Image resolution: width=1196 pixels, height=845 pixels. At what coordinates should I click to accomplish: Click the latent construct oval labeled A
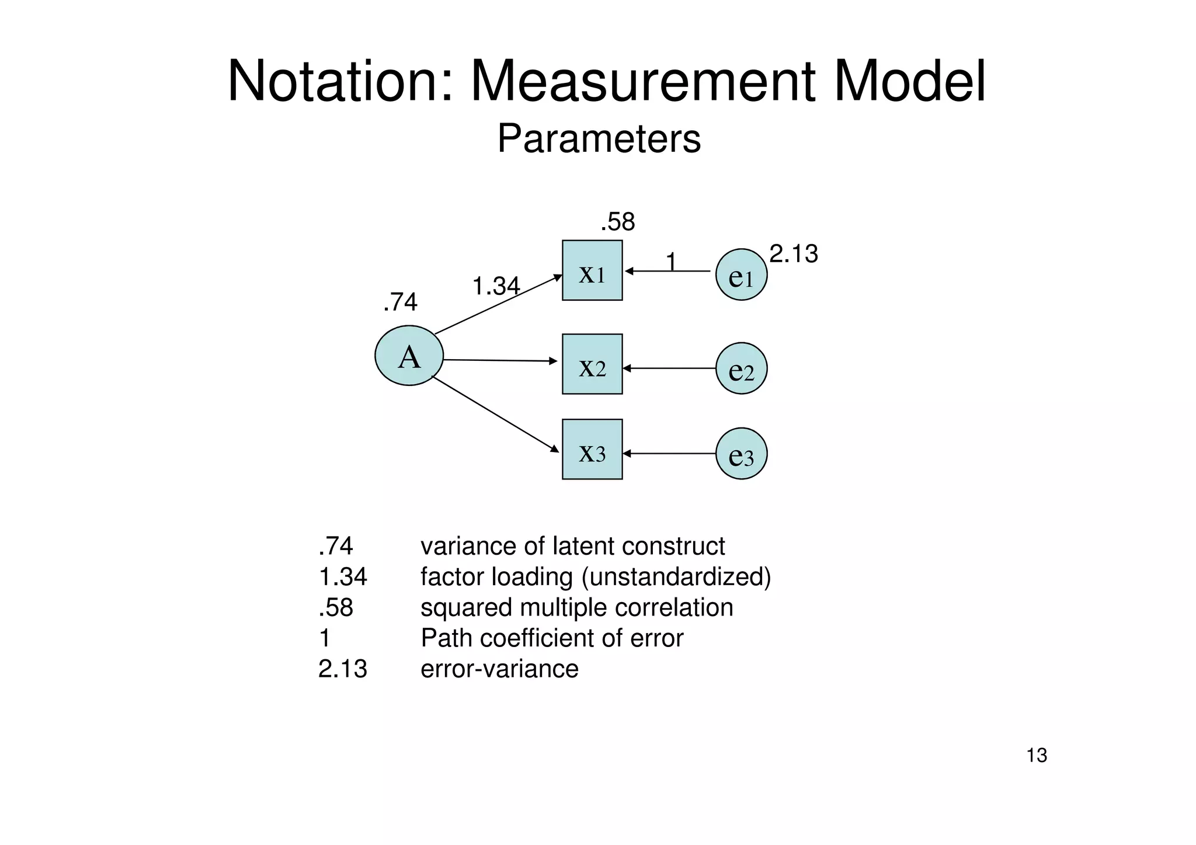[x=409, y=356]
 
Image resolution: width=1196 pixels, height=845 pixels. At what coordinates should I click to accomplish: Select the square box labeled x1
[x=592, y=270]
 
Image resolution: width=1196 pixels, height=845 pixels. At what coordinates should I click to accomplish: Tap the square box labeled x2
[x=592, y=364]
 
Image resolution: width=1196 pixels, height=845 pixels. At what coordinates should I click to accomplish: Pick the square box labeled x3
[x=592, y=449]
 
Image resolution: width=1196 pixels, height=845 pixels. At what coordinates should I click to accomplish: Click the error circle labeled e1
[x=741, y=274]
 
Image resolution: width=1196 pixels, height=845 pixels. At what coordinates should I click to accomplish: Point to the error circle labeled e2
[x=741, y=368]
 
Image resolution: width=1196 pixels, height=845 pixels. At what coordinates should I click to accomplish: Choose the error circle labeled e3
[x=741, y=454]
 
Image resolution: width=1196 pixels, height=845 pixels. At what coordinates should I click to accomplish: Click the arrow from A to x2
[x=500, y=361]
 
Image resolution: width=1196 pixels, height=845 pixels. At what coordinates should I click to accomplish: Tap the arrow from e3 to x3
[x=669, y=454]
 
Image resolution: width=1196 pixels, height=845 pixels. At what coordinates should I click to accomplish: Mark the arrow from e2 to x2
[x=669, y=368]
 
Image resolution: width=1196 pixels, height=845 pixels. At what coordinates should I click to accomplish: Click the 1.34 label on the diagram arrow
[x=496, y=287]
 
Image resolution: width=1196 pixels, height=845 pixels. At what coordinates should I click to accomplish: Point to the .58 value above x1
[x=618, y=222]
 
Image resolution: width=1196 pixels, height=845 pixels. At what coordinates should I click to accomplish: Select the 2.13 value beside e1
[x=793, y=254]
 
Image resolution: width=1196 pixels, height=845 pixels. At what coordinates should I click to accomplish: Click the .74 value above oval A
[x=401, y=302]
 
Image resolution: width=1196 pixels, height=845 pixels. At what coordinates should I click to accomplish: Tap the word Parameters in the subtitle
[x=599, y=139]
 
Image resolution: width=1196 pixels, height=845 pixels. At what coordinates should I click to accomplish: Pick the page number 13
[x=1037, y=756]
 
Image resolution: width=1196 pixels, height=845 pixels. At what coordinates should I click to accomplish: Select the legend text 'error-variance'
[x=499, y=669]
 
